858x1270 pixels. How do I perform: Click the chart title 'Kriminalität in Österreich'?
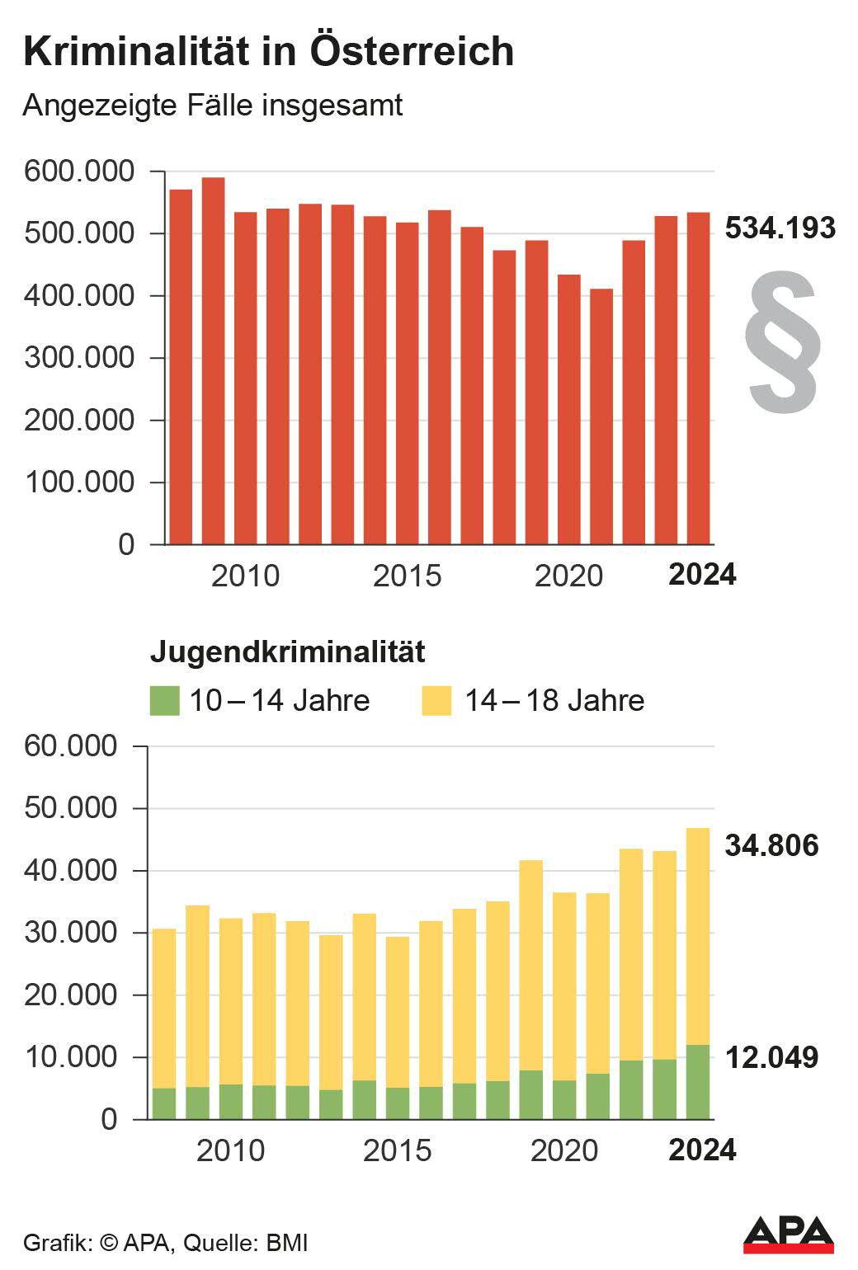(269, 51)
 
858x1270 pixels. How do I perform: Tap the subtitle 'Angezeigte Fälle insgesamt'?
(213, 106)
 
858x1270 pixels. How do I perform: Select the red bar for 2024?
(699, 379)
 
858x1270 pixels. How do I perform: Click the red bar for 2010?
(246, 379)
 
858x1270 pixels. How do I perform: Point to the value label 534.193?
(780, 228)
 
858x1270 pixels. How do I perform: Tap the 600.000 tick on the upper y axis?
(79, 172)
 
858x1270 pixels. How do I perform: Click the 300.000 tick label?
(79, 358)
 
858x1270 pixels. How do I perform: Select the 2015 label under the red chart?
(407, 576)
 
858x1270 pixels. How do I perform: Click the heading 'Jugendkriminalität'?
(287, 651)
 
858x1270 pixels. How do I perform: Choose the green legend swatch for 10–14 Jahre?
(164, 700)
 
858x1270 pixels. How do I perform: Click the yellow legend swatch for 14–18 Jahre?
(436, 700)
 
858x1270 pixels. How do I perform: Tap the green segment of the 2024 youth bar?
(698, 1082)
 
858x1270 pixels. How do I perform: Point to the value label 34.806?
(771, 845)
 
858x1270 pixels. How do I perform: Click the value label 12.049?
(771, 1057)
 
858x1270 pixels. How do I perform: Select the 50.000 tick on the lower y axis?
(71, 808)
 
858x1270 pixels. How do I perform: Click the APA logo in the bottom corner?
(788, 1235)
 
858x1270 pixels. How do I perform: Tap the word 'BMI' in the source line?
(286, 1243)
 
